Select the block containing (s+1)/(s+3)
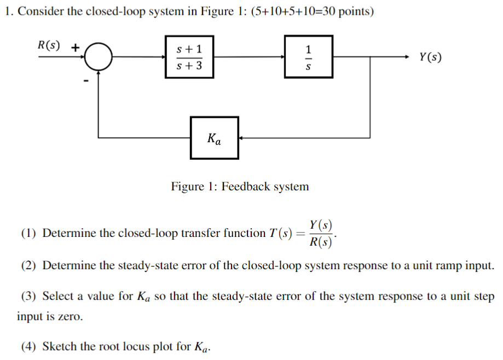189,57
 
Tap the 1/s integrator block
308,57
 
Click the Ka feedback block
214,138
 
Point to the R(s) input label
49,45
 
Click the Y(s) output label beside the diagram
430,57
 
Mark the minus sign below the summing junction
85,82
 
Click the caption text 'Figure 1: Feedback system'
240,187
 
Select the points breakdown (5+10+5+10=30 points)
313,12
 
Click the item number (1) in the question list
28,234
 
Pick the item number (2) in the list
28,266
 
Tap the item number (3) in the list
28,297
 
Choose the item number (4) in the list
28,346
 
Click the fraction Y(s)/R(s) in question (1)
320,234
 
